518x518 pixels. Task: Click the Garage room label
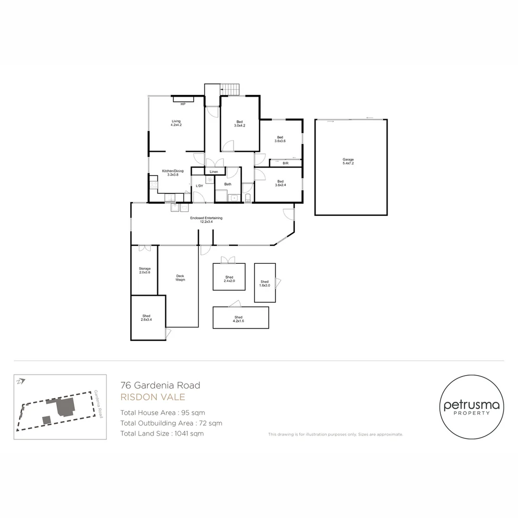click(x=348, y=161)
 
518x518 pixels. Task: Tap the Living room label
click(x=176, y=123)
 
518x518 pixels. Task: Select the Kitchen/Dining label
click(x=173, y=173)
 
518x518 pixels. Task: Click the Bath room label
click(x=228, y=184)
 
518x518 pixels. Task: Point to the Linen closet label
click(x=214, y=171)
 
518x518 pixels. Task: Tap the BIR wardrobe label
click(x=285, y=164)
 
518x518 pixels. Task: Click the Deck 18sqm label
click(x=180, y=278)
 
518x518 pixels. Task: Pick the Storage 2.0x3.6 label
click(x=145, y=271)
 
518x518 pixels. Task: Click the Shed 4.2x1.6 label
click(x=238, y=319)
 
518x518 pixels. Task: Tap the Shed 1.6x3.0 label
click(x=265, y=283)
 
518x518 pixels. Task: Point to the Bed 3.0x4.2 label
click(x=240, y=123)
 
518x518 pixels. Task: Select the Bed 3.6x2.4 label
click(x=280, y=183)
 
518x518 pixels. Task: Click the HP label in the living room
click(x=183, y=104)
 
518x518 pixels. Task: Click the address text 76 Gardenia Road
click(x=160, y=385)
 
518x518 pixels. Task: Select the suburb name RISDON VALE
click(x=153, y=397)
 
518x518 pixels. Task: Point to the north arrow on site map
click(x=20, y=382)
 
